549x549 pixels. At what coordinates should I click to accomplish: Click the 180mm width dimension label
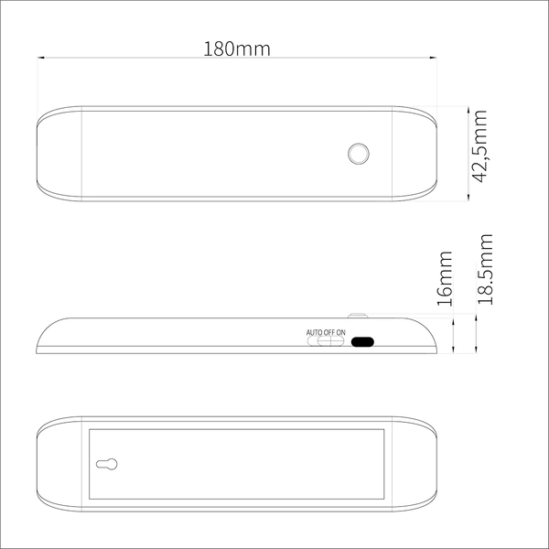tap(236, 48)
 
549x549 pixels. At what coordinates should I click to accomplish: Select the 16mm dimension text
tap(445, 277)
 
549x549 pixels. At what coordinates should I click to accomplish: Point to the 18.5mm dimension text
tap(485, 269)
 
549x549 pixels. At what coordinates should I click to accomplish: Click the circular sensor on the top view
tap(358, 153)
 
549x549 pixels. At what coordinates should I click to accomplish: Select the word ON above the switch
tap(341, 331)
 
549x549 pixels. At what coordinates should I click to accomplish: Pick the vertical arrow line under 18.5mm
tap(478, 333)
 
